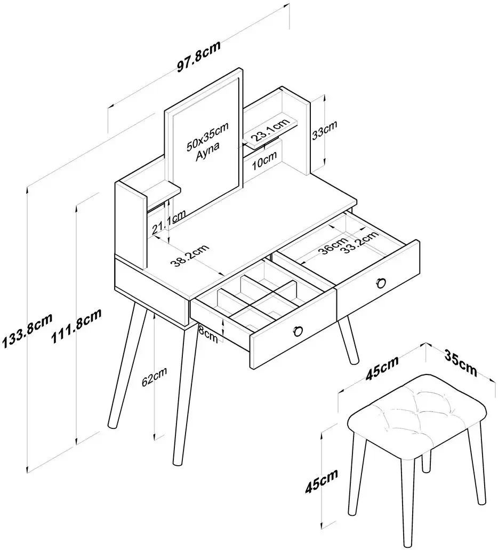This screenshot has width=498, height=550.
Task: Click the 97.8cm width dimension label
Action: tap(198, 57)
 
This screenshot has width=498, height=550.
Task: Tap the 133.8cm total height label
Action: tap(27, 331)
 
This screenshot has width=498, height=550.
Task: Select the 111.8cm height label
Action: tap(76, 326)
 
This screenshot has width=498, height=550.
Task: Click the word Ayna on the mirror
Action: tap(208, 150)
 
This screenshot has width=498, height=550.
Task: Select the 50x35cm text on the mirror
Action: tap(207, 137)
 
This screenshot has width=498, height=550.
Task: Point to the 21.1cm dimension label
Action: tap(168, 223)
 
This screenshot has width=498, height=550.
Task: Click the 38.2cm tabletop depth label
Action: tap(189, 255)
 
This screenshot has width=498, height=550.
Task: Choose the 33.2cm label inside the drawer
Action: tap(360, 242)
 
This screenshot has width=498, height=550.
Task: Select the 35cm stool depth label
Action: tap(461, 363)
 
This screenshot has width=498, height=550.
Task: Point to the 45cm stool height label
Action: tap(321, 481)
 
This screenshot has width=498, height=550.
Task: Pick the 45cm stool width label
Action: tap(382, 368)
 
